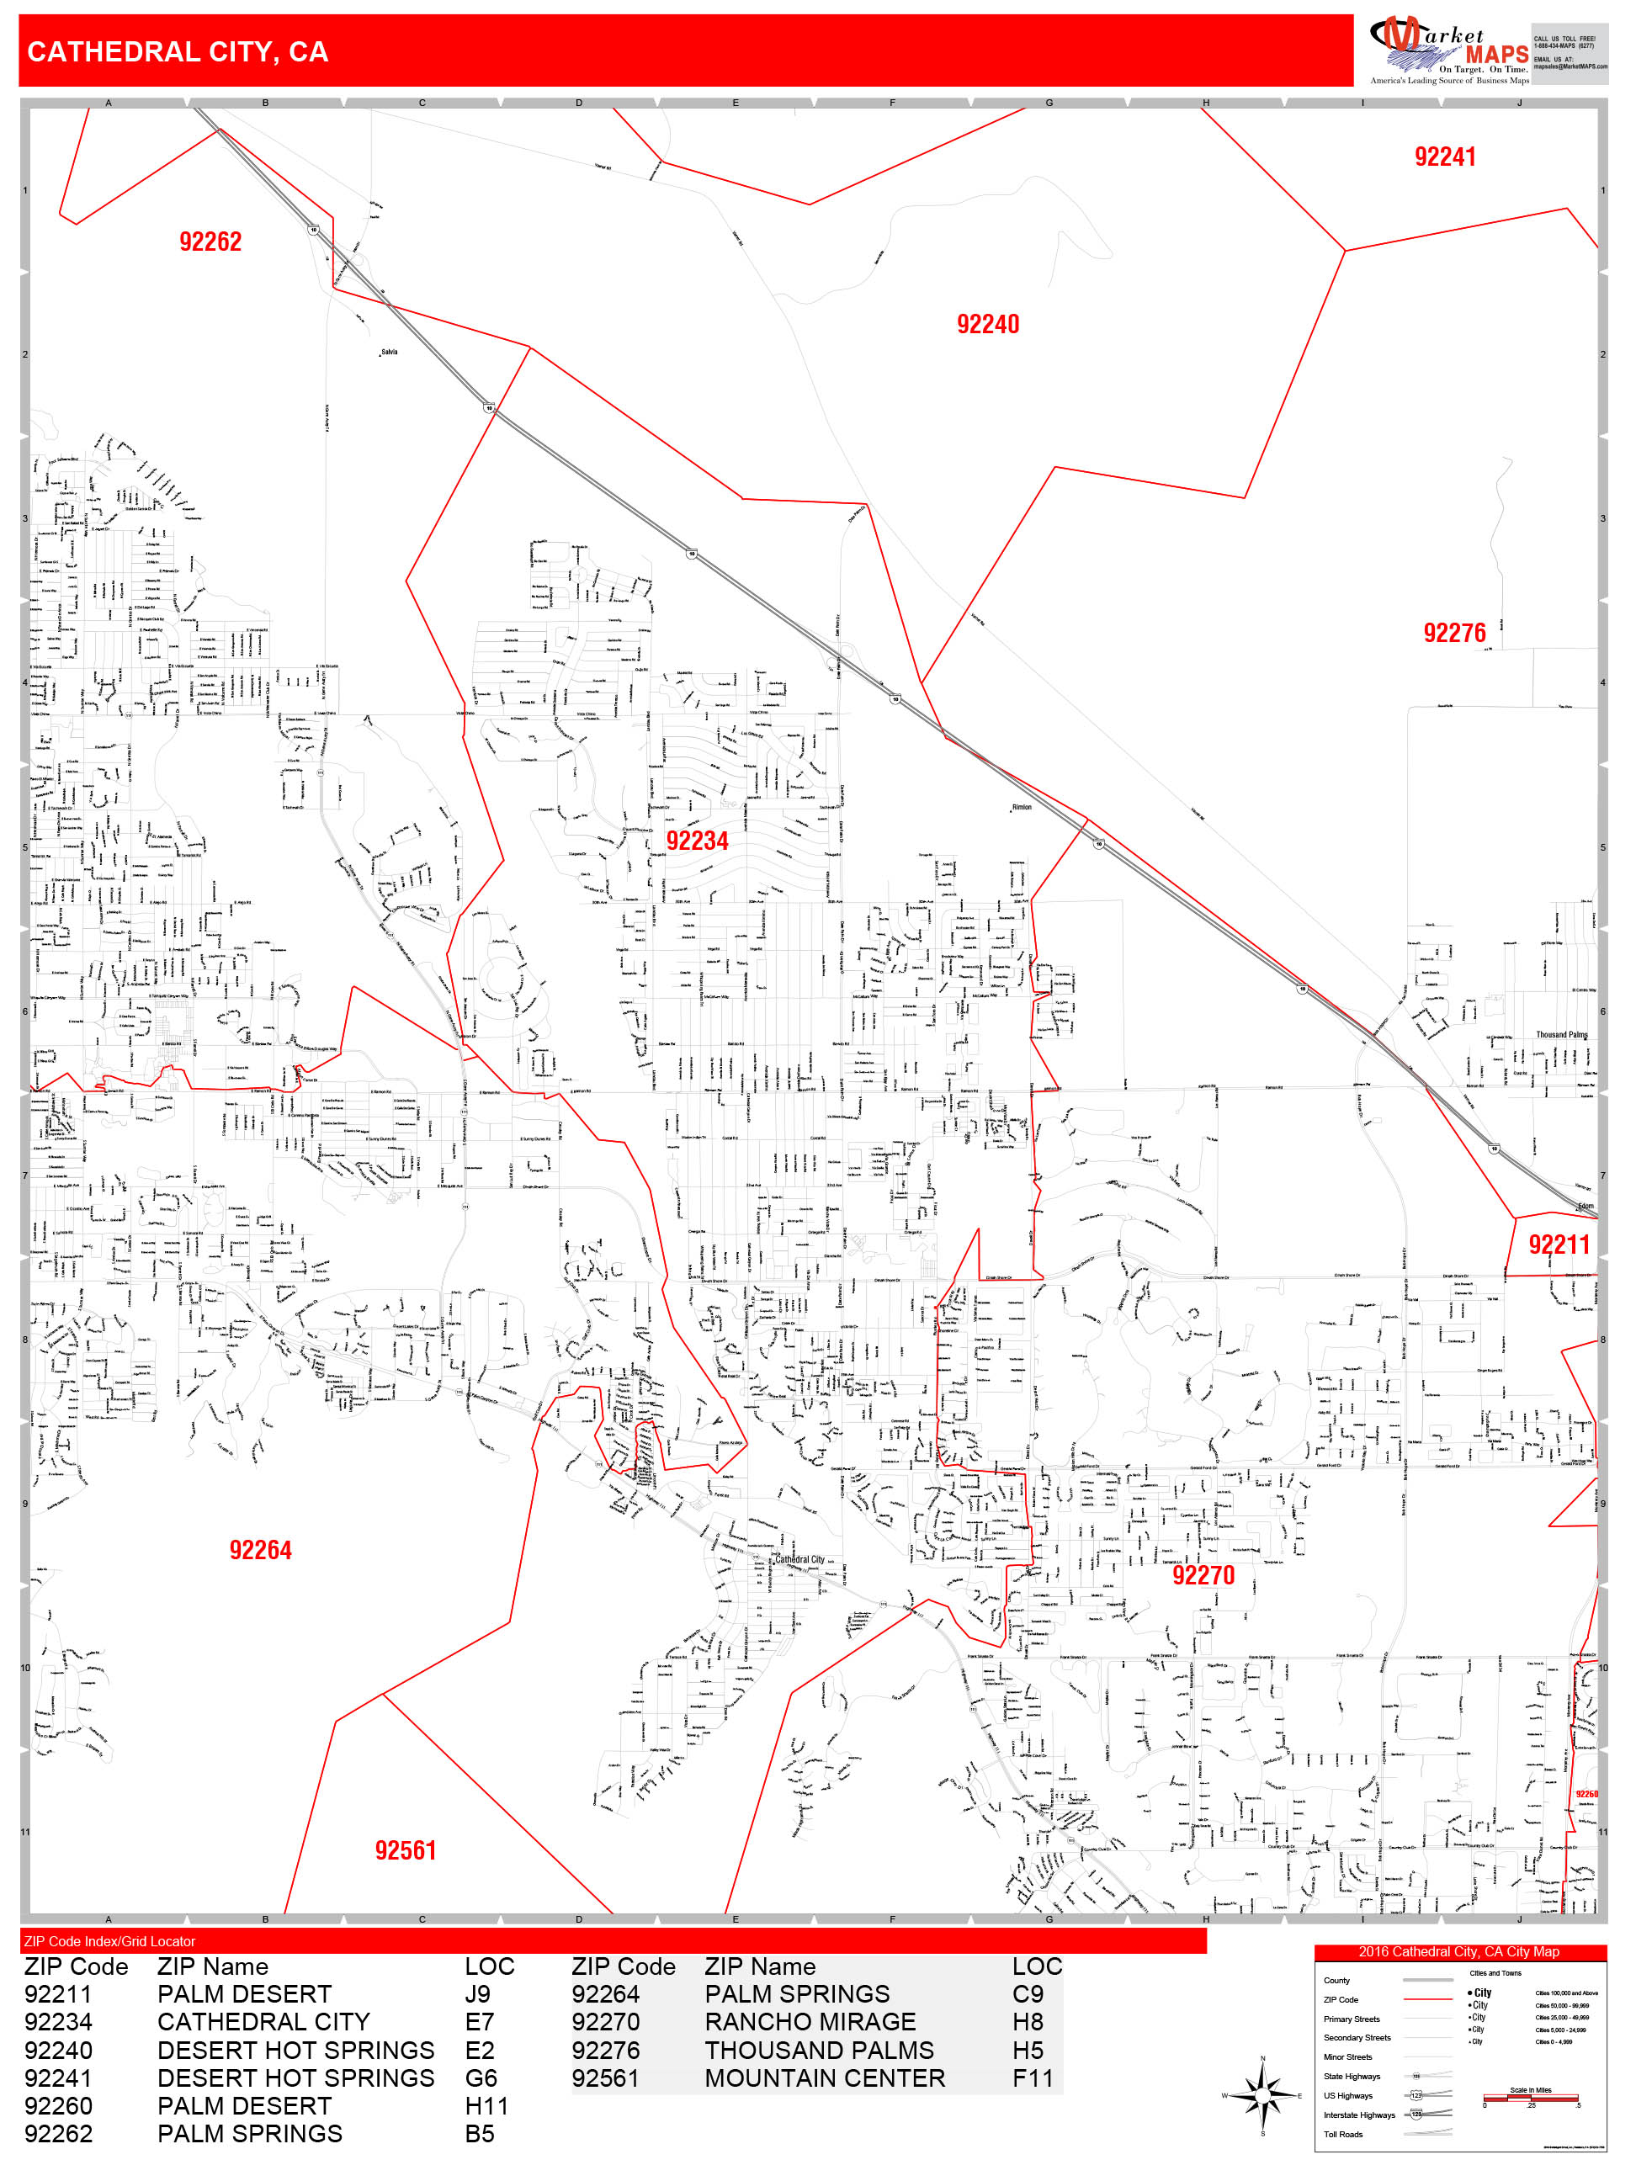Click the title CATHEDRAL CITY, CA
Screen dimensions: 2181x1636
(178, 52)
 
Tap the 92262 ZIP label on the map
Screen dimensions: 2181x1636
(210, 241)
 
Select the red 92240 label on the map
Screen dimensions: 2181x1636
(987, 325)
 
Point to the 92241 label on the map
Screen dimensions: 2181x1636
(1444, 157)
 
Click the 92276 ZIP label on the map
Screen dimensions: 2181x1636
(1453, 633)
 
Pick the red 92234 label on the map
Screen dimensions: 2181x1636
(697, 841)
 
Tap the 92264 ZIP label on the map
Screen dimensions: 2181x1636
(260, 1550)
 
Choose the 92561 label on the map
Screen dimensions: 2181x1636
(406, 1850)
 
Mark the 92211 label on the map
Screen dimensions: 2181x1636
(1558, 1244)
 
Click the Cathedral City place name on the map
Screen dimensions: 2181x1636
(799, 1559)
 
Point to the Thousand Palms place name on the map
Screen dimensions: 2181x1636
(1561, 1034)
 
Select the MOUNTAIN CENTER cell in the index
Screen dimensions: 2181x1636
(825, 2078)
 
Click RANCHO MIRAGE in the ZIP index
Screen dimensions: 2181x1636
(810, 2021)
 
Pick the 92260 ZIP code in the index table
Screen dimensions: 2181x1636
(58, 2105)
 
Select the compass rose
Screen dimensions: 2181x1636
(1262, 2095)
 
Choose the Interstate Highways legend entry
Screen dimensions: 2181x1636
(1359, 2115)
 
